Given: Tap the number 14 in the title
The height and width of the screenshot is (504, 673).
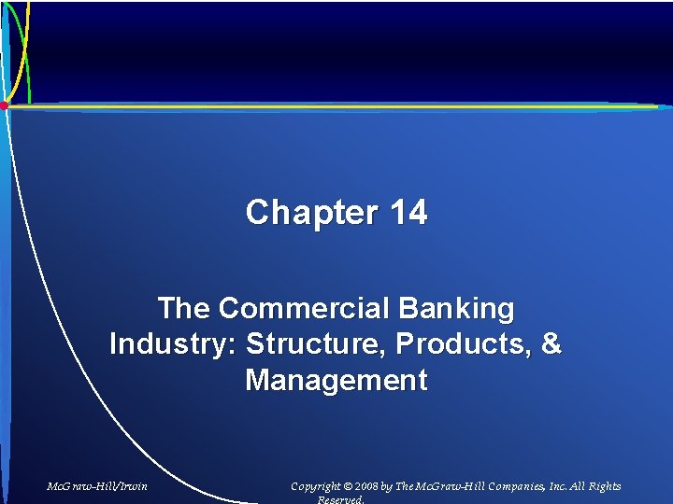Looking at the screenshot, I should [409, 213].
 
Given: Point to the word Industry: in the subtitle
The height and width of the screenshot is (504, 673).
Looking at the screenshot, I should [173, 344].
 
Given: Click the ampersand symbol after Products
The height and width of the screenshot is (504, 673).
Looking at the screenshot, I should [551, 344].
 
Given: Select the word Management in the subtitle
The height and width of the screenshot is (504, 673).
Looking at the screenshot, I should [336, 381].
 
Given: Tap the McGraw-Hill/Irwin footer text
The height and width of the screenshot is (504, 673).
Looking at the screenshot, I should [97, 486].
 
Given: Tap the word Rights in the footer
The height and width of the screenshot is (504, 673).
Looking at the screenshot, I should [605, 486].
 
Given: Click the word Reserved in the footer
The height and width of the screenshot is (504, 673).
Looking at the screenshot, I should [341, 499].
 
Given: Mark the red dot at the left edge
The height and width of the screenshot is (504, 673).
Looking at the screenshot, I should [4, 105].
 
